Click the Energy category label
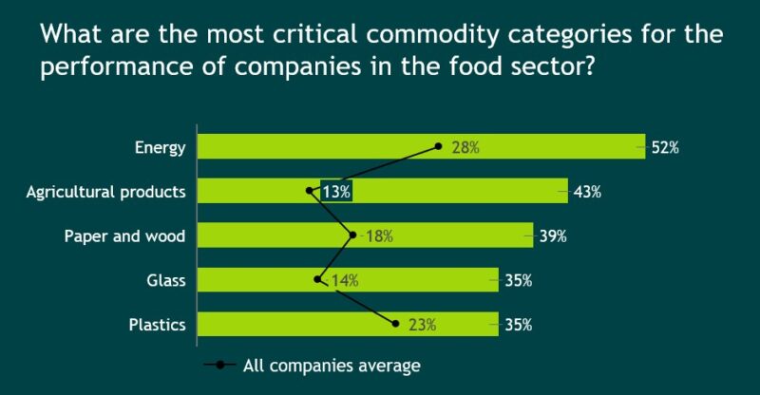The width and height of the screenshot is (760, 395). point(160,147)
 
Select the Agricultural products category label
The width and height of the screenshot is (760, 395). point(105,192)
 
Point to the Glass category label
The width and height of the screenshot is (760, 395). point(166,281)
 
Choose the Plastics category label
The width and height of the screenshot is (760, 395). point(157,326)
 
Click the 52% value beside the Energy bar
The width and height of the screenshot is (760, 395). point(665,147)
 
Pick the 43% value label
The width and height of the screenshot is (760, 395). point(588,192)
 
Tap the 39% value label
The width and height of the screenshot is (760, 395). point(553,236)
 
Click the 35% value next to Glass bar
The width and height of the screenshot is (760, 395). point(518,281)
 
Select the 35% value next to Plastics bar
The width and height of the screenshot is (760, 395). point(518,326)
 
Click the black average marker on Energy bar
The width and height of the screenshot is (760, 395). point(438,146)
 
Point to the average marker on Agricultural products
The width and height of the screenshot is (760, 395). point(310,191)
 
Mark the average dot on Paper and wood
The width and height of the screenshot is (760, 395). point(353,235)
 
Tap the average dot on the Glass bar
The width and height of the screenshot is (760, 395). point(317,280)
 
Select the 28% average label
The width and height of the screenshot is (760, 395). point(465,147)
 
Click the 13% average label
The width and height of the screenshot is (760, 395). point(336,192)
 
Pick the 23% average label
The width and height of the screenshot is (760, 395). point(422,326)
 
